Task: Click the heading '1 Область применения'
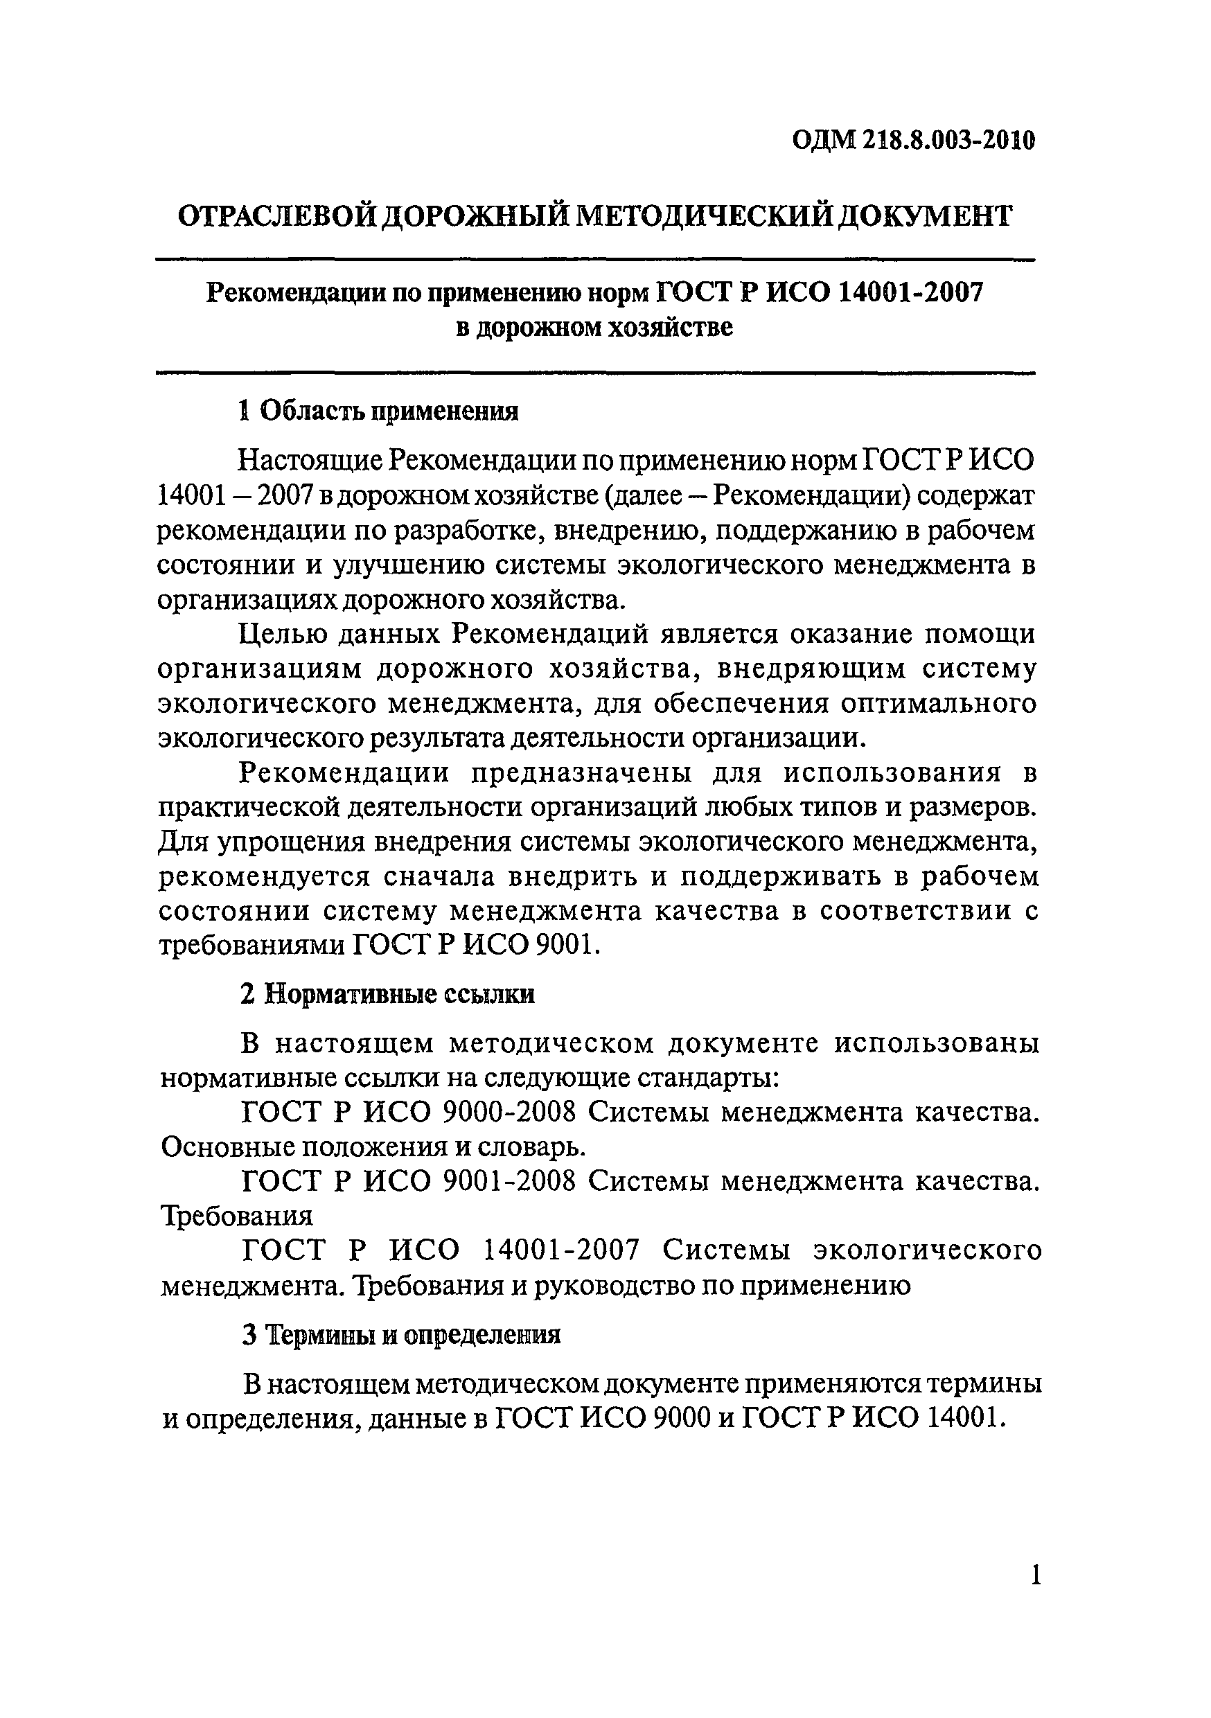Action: point(378,411)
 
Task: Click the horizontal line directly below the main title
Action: point(595,260)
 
